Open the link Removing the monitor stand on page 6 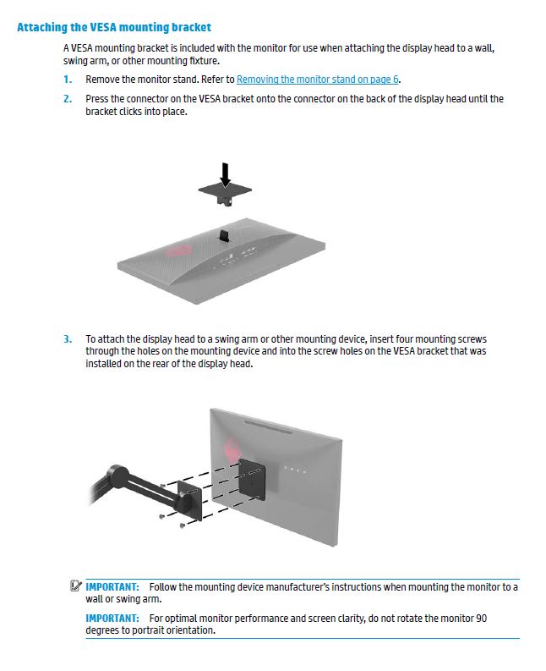click(317, 80)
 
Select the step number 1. click(67, 80)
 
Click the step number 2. click(67, 99)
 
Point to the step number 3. click(67, 339)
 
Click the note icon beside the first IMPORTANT click(77, 586)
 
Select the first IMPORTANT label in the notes click(112, 586)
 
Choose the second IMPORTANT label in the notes click(112, 619)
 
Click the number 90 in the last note click(481, 619)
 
